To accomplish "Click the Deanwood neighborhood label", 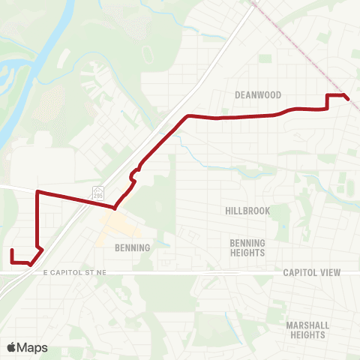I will click(257, 95).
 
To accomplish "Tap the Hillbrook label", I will click(247, 211).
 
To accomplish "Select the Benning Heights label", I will click(247, 247).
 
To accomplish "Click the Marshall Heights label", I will click(307, 329).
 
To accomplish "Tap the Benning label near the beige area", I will click(132, 247).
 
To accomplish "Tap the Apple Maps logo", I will click(27, 347).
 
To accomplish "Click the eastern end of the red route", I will click(348, 98).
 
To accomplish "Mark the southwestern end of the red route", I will click(12, 250).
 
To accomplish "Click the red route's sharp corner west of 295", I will click(37, 192).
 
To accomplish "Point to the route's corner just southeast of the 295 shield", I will click(114, 208).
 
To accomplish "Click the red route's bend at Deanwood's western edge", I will click(187, 115).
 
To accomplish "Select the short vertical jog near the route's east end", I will click(328, 102).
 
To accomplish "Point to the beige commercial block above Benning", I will click(116, 224).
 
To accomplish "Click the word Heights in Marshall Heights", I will click(307, 334).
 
